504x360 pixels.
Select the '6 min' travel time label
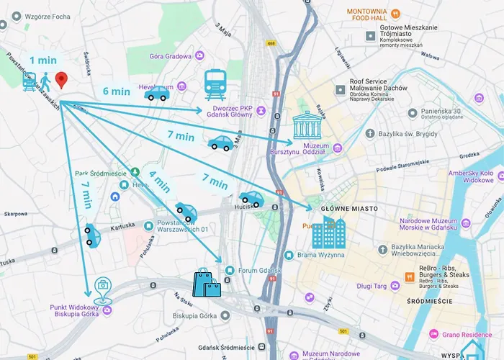pos(116,91)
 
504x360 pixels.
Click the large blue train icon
pos(215,85)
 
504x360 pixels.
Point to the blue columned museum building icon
pos(307,127)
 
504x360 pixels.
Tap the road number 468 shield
pos(270,43)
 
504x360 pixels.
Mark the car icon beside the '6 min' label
pos(156,94)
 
